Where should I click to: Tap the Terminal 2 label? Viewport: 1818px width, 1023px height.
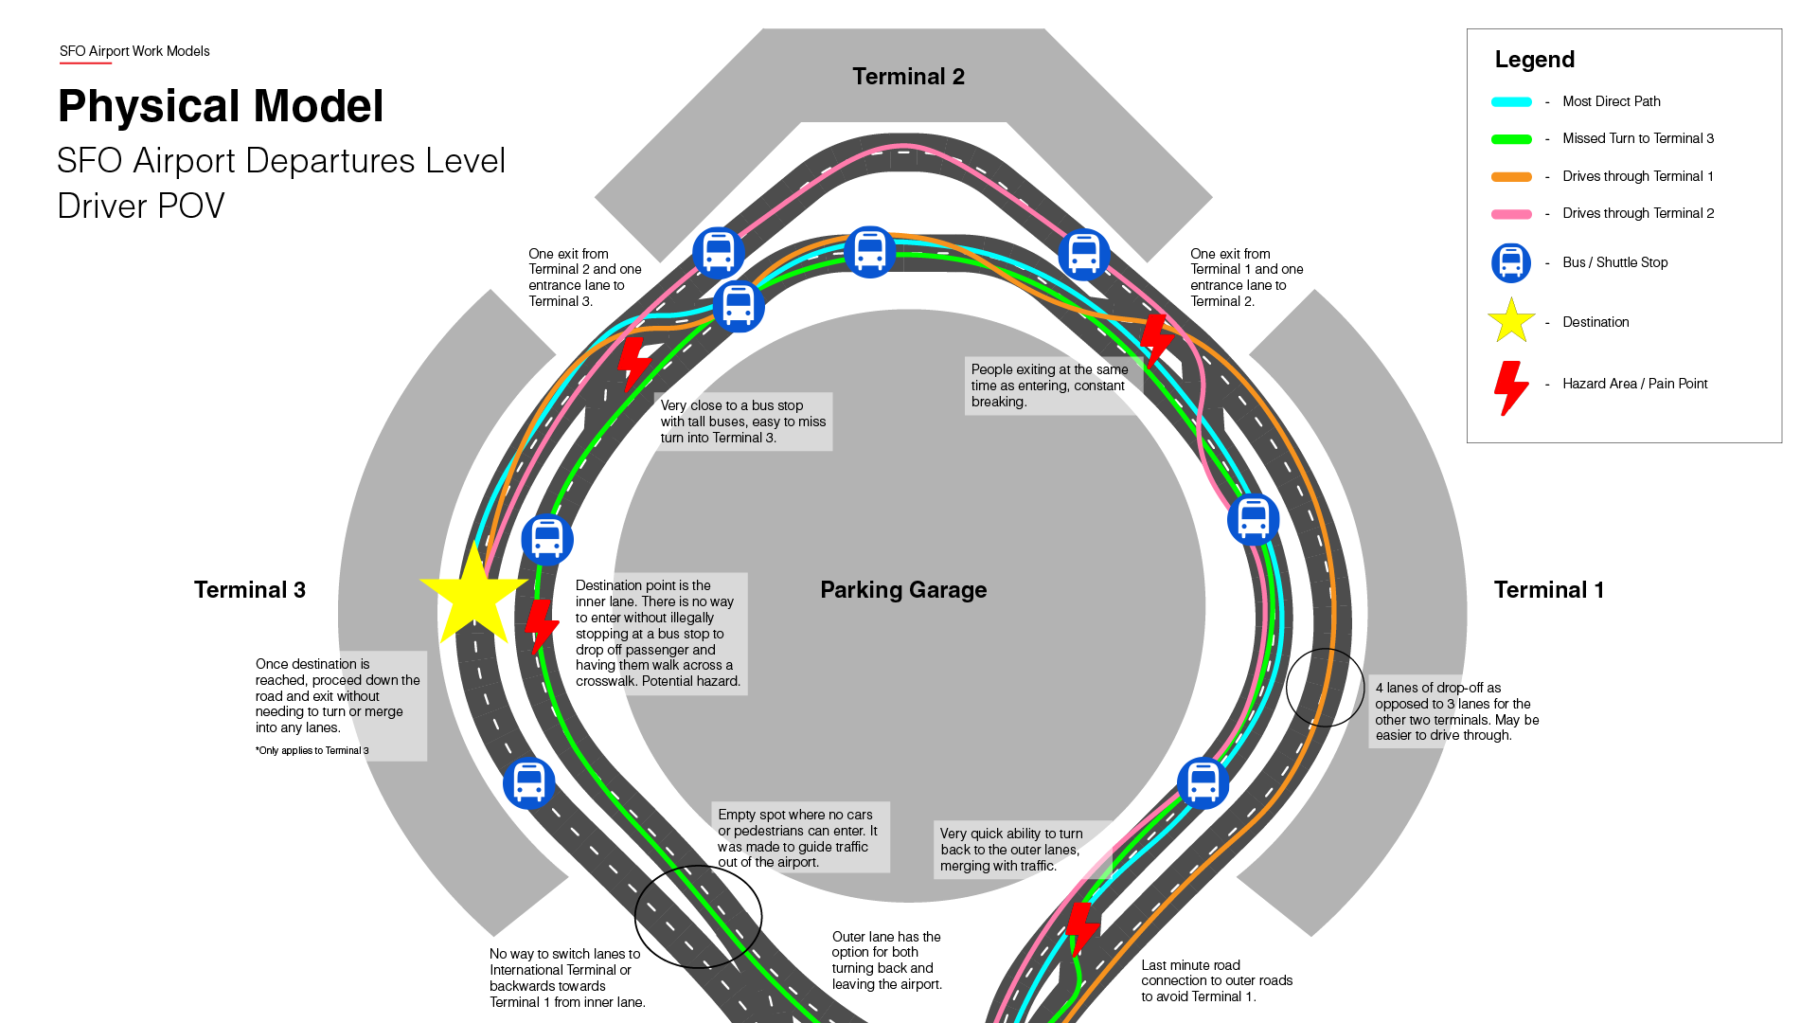pyautogui.click(x=908, y=77)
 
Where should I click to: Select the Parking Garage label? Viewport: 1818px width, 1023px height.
pyautogui.click(x=903, y=590)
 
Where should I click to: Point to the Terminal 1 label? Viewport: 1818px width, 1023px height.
pyautogui.click(x=1548, y=590)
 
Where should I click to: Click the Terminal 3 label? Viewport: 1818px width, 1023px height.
pyautogui.click(x=250, y=590)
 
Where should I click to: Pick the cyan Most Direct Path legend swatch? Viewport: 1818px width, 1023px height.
pyautogui.click(x=1511, y=102)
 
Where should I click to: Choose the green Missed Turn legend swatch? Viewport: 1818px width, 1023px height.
pyautogui.click(x=1511, y=139)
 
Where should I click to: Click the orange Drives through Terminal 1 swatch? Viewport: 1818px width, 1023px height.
pyautogui.click(x=1511, y=177)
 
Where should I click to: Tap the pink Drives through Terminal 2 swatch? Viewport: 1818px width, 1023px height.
pyautogui.click(x=1511, y=214)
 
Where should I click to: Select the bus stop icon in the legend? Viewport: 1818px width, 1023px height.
pyautogui.click(x=1511, y=263)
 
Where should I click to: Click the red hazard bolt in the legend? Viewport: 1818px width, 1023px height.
pyautogui.click(x=1510, y=387)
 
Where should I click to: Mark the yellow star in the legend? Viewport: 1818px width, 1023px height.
pyautogui.click(x=1511, y=321)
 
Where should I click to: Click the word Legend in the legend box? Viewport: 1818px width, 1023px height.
pyautogui.click(x=1534, y=60)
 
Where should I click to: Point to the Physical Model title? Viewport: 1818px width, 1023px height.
pyautogui.click(x=221, y=106)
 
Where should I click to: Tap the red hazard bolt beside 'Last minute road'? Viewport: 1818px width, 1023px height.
pyautogui.click(x=1081, y=928)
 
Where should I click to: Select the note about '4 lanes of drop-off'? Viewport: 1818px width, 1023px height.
pyautogui.click(x=1456, y=711)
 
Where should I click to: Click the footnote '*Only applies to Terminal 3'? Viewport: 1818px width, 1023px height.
pyautogui.click(x=312, y=750)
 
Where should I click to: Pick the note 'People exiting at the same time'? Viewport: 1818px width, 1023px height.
pyautogui.click(x=1049, y=386)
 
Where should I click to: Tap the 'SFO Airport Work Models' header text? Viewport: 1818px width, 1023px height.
pyautogui.click(x=134, y=51)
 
